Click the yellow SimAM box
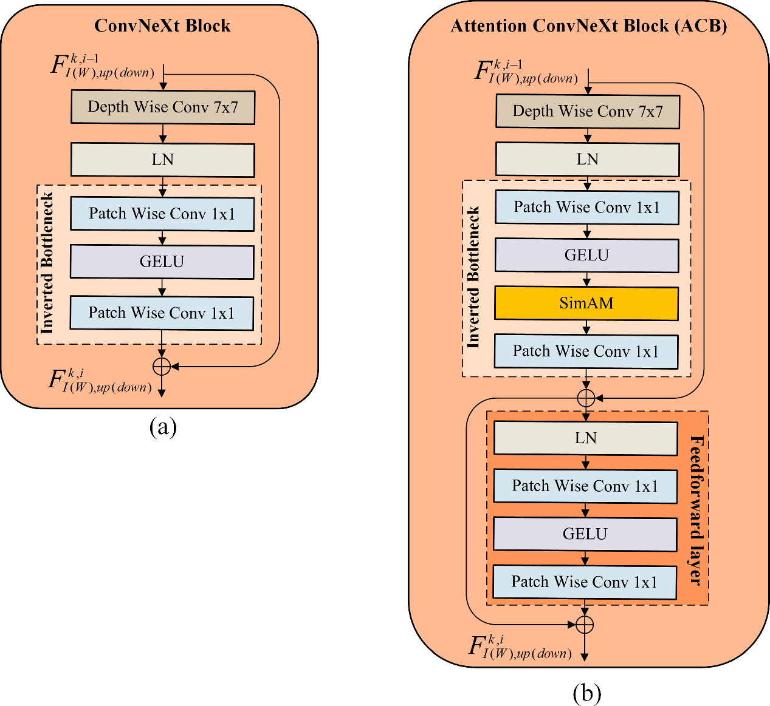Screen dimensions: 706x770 point(586,303)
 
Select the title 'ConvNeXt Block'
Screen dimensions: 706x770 point(162,25)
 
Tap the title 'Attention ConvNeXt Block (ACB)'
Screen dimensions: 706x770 point(588,25)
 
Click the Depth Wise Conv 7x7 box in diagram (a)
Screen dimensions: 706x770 point(162,107)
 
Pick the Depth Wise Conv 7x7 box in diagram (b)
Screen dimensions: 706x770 point(587,111)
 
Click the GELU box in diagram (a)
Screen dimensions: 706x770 point(162,262)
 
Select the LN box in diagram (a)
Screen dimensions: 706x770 point(162,160)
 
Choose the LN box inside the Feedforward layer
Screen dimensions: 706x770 point(585,438)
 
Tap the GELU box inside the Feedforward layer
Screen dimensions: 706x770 point(585,534)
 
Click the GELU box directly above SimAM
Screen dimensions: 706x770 point(586,255)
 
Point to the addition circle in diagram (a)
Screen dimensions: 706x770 point(162,366)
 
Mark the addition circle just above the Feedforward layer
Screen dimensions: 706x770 point(586,398)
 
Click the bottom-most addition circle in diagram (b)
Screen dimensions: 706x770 point(584,625)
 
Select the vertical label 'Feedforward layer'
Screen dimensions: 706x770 point(696,510)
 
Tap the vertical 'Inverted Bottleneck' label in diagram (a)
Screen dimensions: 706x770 point(47,263)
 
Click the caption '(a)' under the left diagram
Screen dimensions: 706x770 point(163,427)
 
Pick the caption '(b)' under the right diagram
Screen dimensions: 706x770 point(586,693)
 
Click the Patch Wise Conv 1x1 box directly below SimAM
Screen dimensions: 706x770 point(586,351)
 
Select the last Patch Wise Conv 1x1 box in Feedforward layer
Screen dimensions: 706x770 point(584,582)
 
